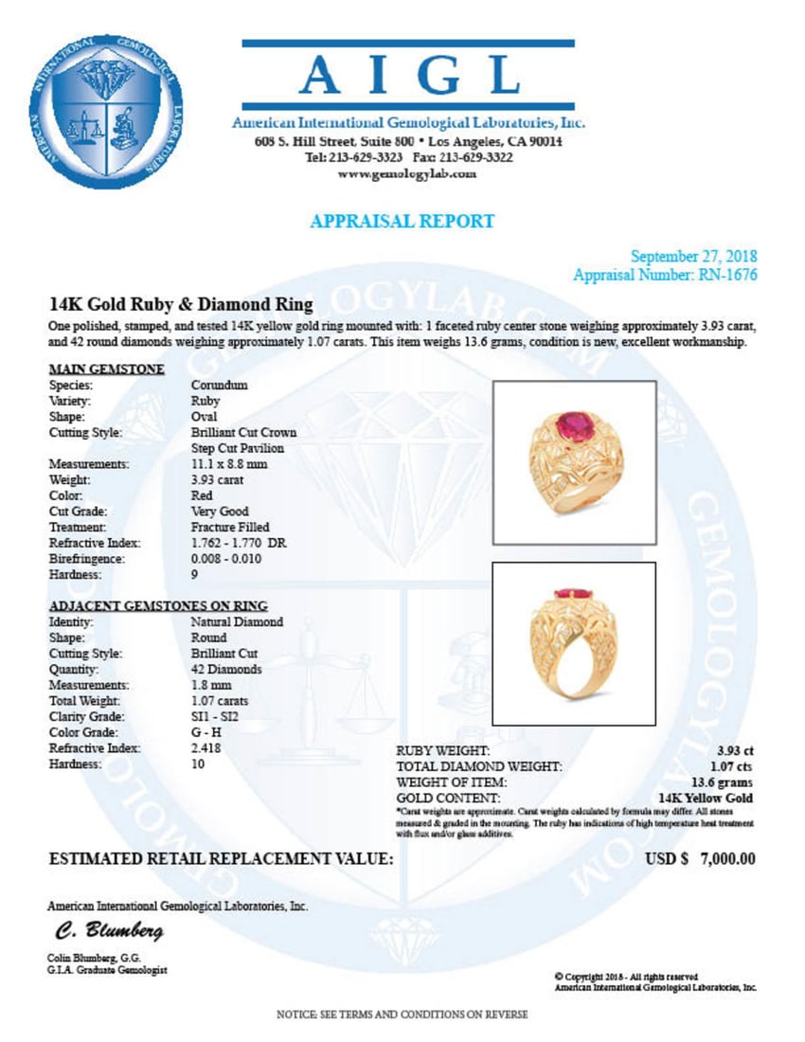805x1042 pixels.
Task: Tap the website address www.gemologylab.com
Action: pos(407,174)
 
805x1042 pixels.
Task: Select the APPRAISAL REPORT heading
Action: pos(402,222)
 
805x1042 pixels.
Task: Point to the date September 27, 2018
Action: pos(693,257)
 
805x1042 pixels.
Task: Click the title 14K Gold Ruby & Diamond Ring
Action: pos(181,304)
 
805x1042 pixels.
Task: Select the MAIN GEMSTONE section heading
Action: pos(106,368)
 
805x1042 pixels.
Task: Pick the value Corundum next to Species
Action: pos(220,386)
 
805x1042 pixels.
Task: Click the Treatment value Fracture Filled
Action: pos(230,527)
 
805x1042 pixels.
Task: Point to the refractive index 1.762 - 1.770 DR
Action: pos(238,543)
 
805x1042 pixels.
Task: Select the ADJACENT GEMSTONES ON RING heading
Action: pos(157,605)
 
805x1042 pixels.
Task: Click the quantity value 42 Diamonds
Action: pos(226,670)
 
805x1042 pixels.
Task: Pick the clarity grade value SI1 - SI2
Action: pos(215,717)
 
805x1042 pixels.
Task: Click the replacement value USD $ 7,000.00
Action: pos(700,859)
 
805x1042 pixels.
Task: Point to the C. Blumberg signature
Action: pos(95,931)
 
